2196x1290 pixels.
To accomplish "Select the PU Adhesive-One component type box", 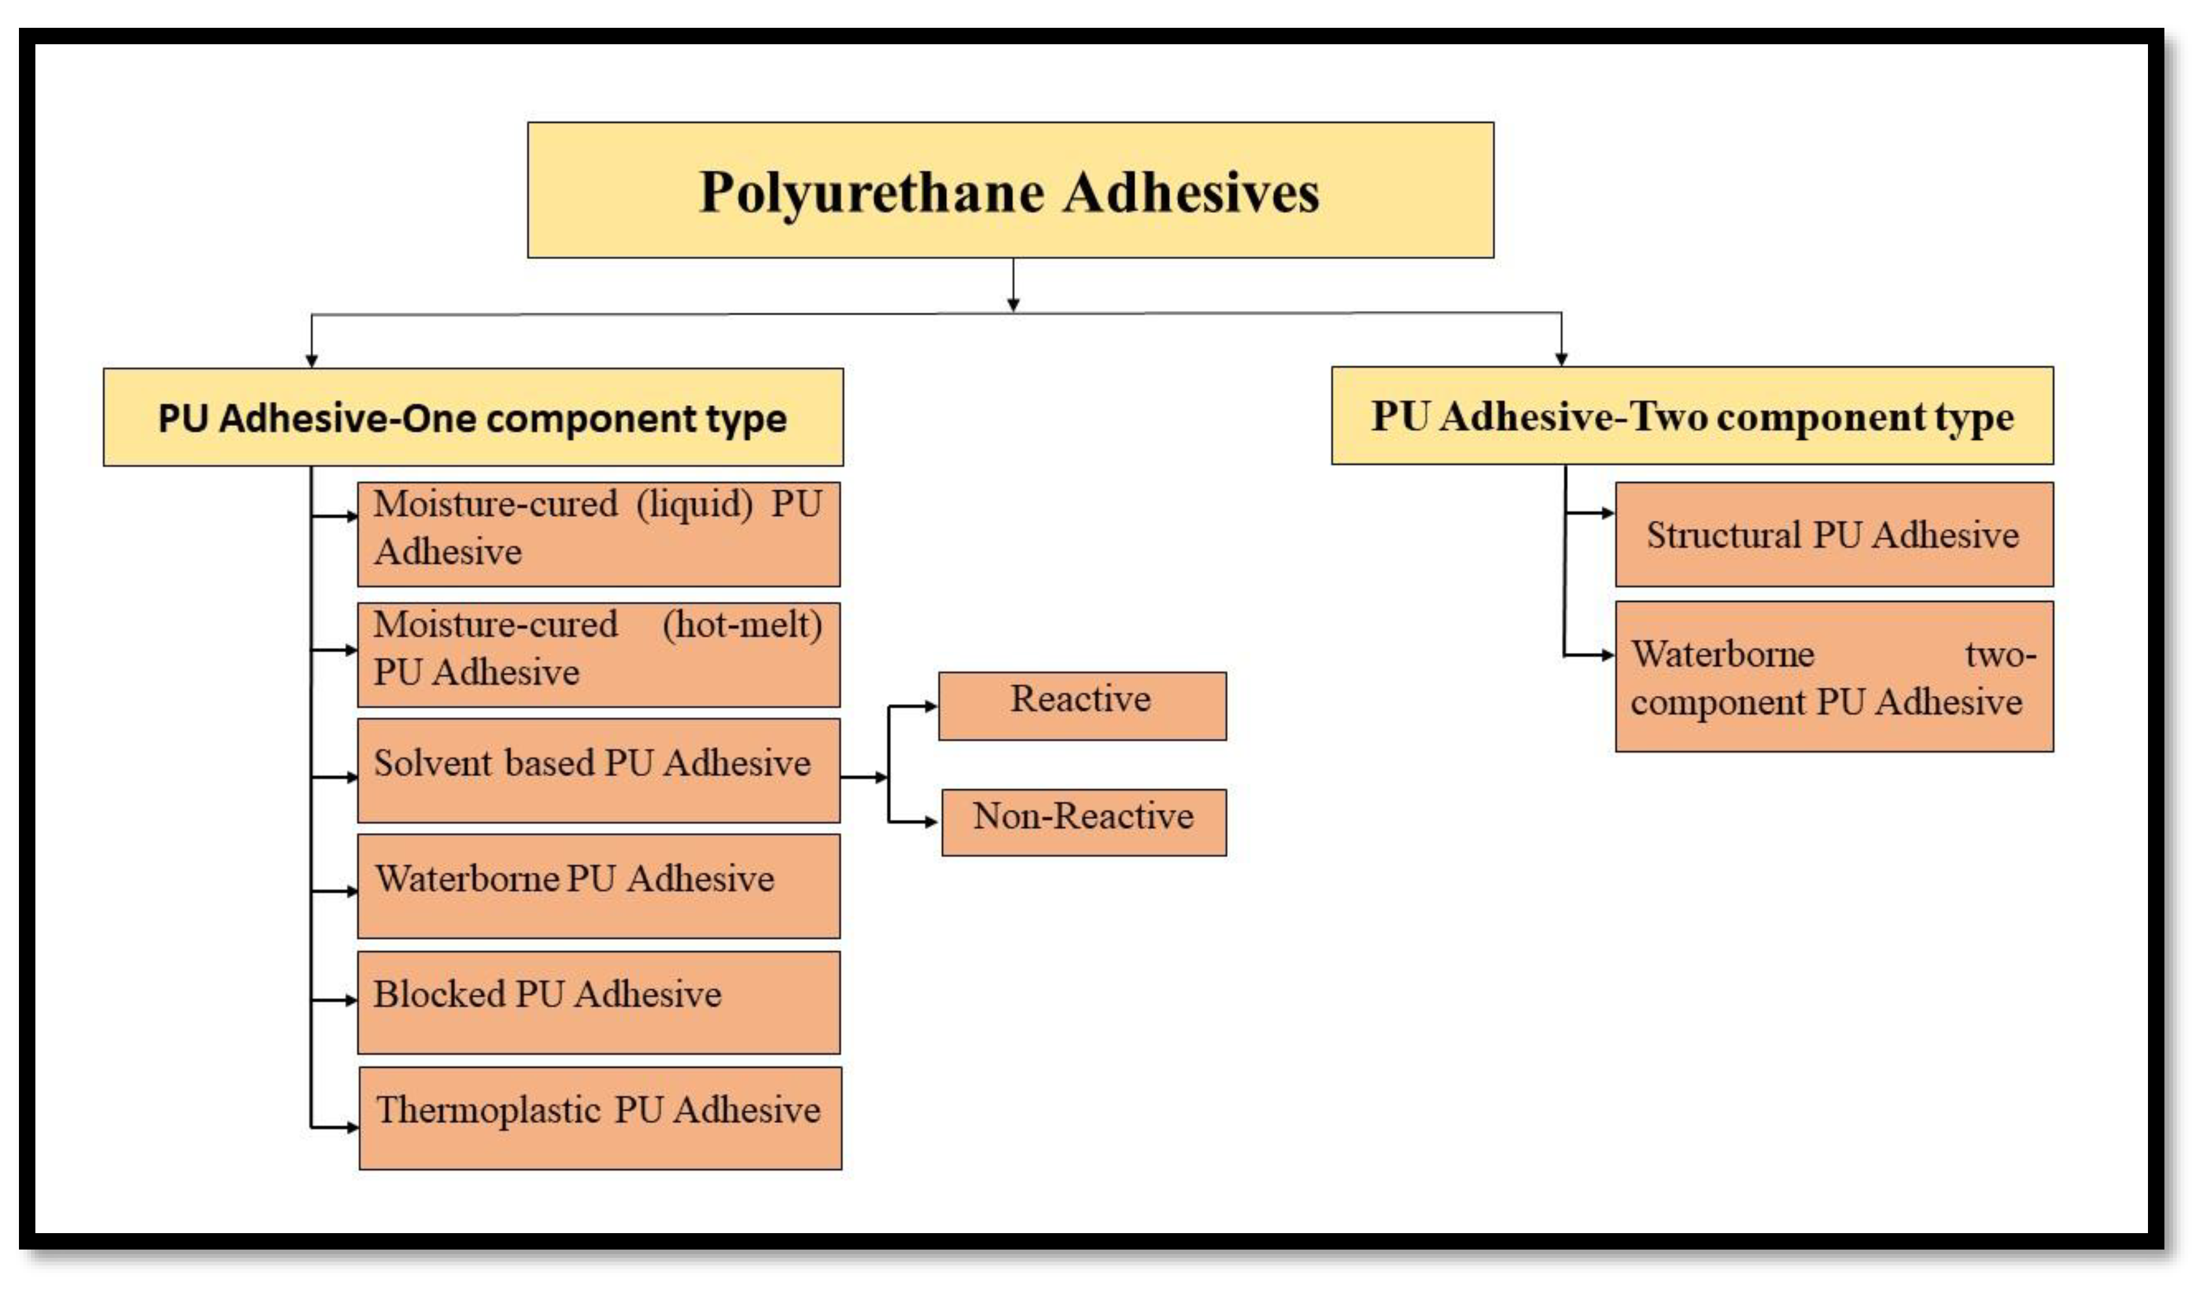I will (x=473, y=418).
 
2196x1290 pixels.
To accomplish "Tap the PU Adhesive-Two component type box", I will (x=1692, y=416).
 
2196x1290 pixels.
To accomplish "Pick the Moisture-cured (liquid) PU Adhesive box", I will (x=598, y=533).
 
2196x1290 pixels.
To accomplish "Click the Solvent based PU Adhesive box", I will (x=598, y=770).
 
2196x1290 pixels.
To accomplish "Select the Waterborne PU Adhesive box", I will (x=598, y=885).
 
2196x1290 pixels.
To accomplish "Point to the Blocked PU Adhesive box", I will (x=598, y=1002).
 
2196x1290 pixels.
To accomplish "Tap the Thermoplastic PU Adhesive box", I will (x=600, y=1117).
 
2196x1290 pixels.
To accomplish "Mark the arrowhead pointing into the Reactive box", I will (x=931, y=706).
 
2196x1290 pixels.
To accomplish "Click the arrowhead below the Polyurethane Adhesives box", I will (x=1012, y=304).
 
